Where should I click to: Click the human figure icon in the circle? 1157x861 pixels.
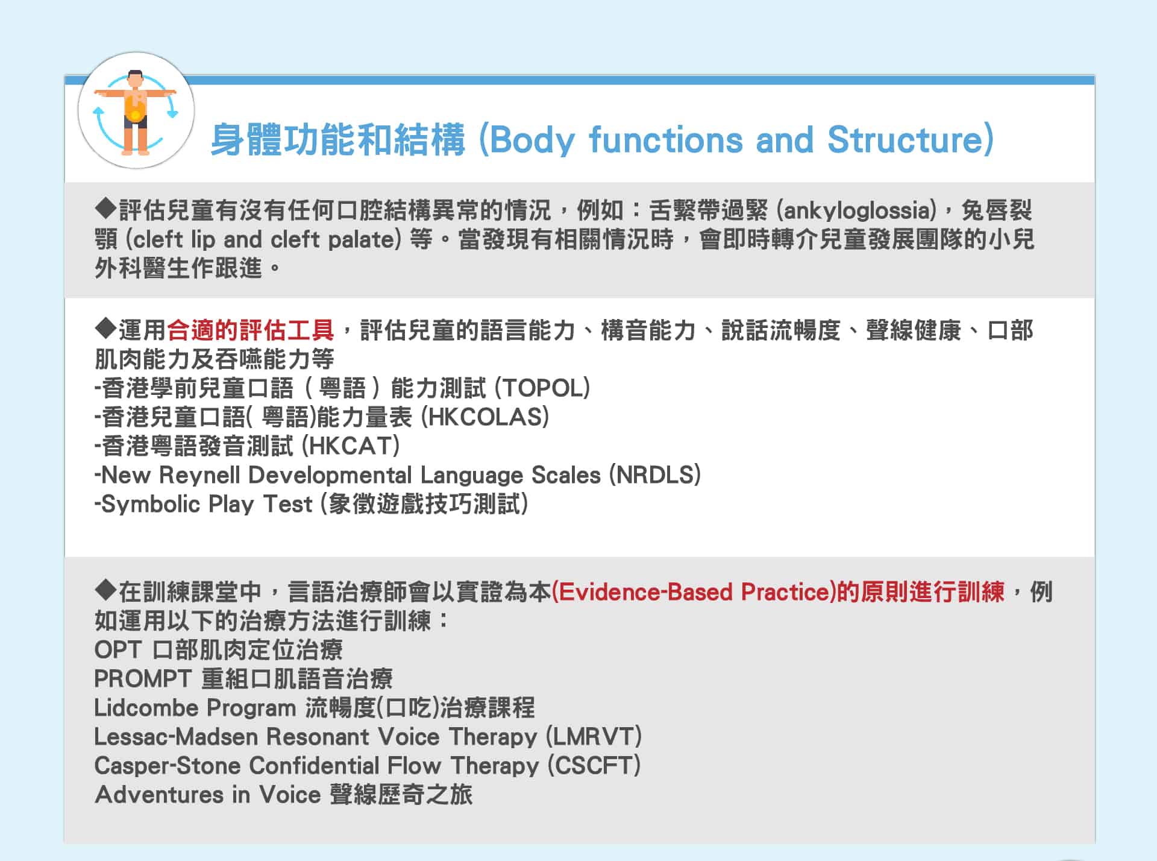tap(136, 112)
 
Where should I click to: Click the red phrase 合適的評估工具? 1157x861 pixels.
tap(250, 330)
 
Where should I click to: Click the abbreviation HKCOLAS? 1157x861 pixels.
tap(484, 417)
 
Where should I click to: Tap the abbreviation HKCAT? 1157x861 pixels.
tap(350, 446)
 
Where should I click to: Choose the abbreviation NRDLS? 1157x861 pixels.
tap(655, 475)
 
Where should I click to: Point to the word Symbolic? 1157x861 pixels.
tap(150, 504)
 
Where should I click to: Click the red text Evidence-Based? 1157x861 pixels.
tap(645, 592)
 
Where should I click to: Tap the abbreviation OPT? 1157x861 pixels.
tap(118, 650)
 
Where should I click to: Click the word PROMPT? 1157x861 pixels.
tap(143, 679)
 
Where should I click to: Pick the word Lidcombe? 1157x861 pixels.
tap(146, 708)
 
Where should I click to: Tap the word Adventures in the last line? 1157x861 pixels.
tap(159, 795)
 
